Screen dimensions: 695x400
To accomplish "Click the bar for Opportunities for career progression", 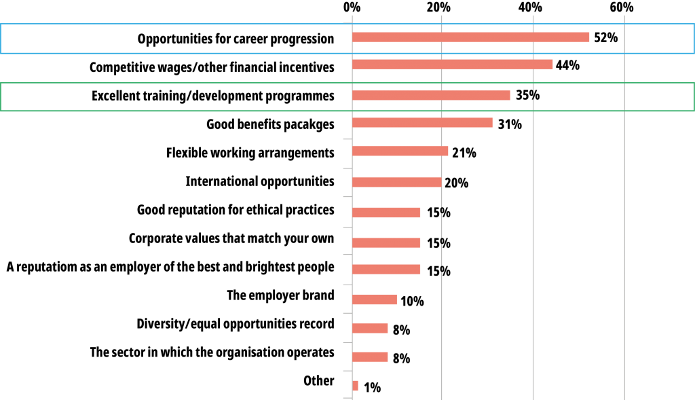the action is coord(471,37).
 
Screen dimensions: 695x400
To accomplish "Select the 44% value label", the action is coord(567,65).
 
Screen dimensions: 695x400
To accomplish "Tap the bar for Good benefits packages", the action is coord(422,123).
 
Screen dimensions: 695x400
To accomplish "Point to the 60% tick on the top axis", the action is coord(622,7).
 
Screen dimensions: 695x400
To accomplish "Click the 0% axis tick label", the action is coord(352,7).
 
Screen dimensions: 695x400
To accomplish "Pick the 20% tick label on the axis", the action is coord(438,7).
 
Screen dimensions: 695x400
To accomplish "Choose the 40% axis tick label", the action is coord(530,7).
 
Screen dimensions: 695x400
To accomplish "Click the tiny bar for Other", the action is coord(355,386).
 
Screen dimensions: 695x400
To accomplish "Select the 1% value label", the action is coord(373,388).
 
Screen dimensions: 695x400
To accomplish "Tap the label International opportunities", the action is coord(260,181).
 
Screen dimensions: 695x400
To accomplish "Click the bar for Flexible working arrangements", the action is coord(400,151).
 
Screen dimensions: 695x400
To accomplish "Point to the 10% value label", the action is coord(412,301).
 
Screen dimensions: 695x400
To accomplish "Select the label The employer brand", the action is coord(280,295).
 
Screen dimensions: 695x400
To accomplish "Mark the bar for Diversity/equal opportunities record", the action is coord(370,328).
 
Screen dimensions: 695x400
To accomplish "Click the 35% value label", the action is coord(527,95).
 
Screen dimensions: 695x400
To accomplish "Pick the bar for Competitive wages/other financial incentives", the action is coord(453,65).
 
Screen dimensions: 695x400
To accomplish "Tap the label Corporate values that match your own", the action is coord(231,238).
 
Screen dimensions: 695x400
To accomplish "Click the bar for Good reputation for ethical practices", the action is coord(386,213).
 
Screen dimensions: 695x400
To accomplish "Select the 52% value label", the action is coord(606,38).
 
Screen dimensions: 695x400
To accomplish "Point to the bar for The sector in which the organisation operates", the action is coord(370,357).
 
